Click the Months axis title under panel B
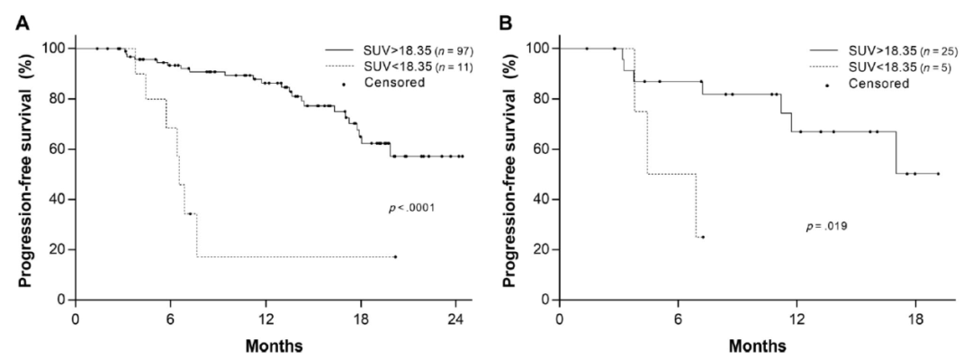tap(759, 346)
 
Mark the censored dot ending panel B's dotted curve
tap(703, 237)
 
